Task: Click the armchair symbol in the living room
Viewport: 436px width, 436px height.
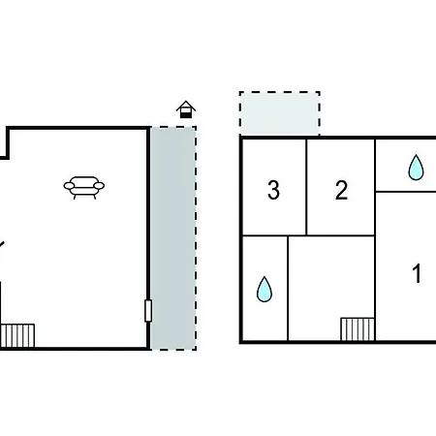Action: [84, 187]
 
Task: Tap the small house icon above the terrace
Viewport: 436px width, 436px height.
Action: [186, 109]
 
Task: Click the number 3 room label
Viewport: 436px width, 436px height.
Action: [273, 190]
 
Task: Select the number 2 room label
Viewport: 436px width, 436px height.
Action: [341, 190]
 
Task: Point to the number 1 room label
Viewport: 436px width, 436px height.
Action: [417, 273]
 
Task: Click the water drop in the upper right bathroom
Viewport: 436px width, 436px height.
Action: [416, 168]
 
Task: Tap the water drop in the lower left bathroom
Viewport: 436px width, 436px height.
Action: [265, 290]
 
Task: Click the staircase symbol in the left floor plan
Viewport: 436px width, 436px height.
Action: [17, 335]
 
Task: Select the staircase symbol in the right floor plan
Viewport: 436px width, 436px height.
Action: [358, 329]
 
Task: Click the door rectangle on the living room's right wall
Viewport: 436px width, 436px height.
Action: [148, 311]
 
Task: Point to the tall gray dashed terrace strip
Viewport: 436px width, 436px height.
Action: [173, 238]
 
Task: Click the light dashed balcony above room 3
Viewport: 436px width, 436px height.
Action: [280, 113]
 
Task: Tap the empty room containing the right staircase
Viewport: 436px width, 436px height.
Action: [331, 288]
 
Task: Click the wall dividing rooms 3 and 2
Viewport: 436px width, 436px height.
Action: [306, 187]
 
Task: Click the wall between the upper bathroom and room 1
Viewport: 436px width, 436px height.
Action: [406, 192]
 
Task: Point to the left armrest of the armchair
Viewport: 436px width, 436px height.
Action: [69, 186]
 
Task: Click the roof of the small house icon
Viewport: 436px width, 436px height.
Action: [186, 106]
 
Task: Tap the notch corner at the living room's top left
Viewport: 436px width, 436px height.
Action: [8, 157]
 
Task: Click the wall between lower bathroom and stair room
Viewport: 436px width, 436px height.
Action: [288, 288]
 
